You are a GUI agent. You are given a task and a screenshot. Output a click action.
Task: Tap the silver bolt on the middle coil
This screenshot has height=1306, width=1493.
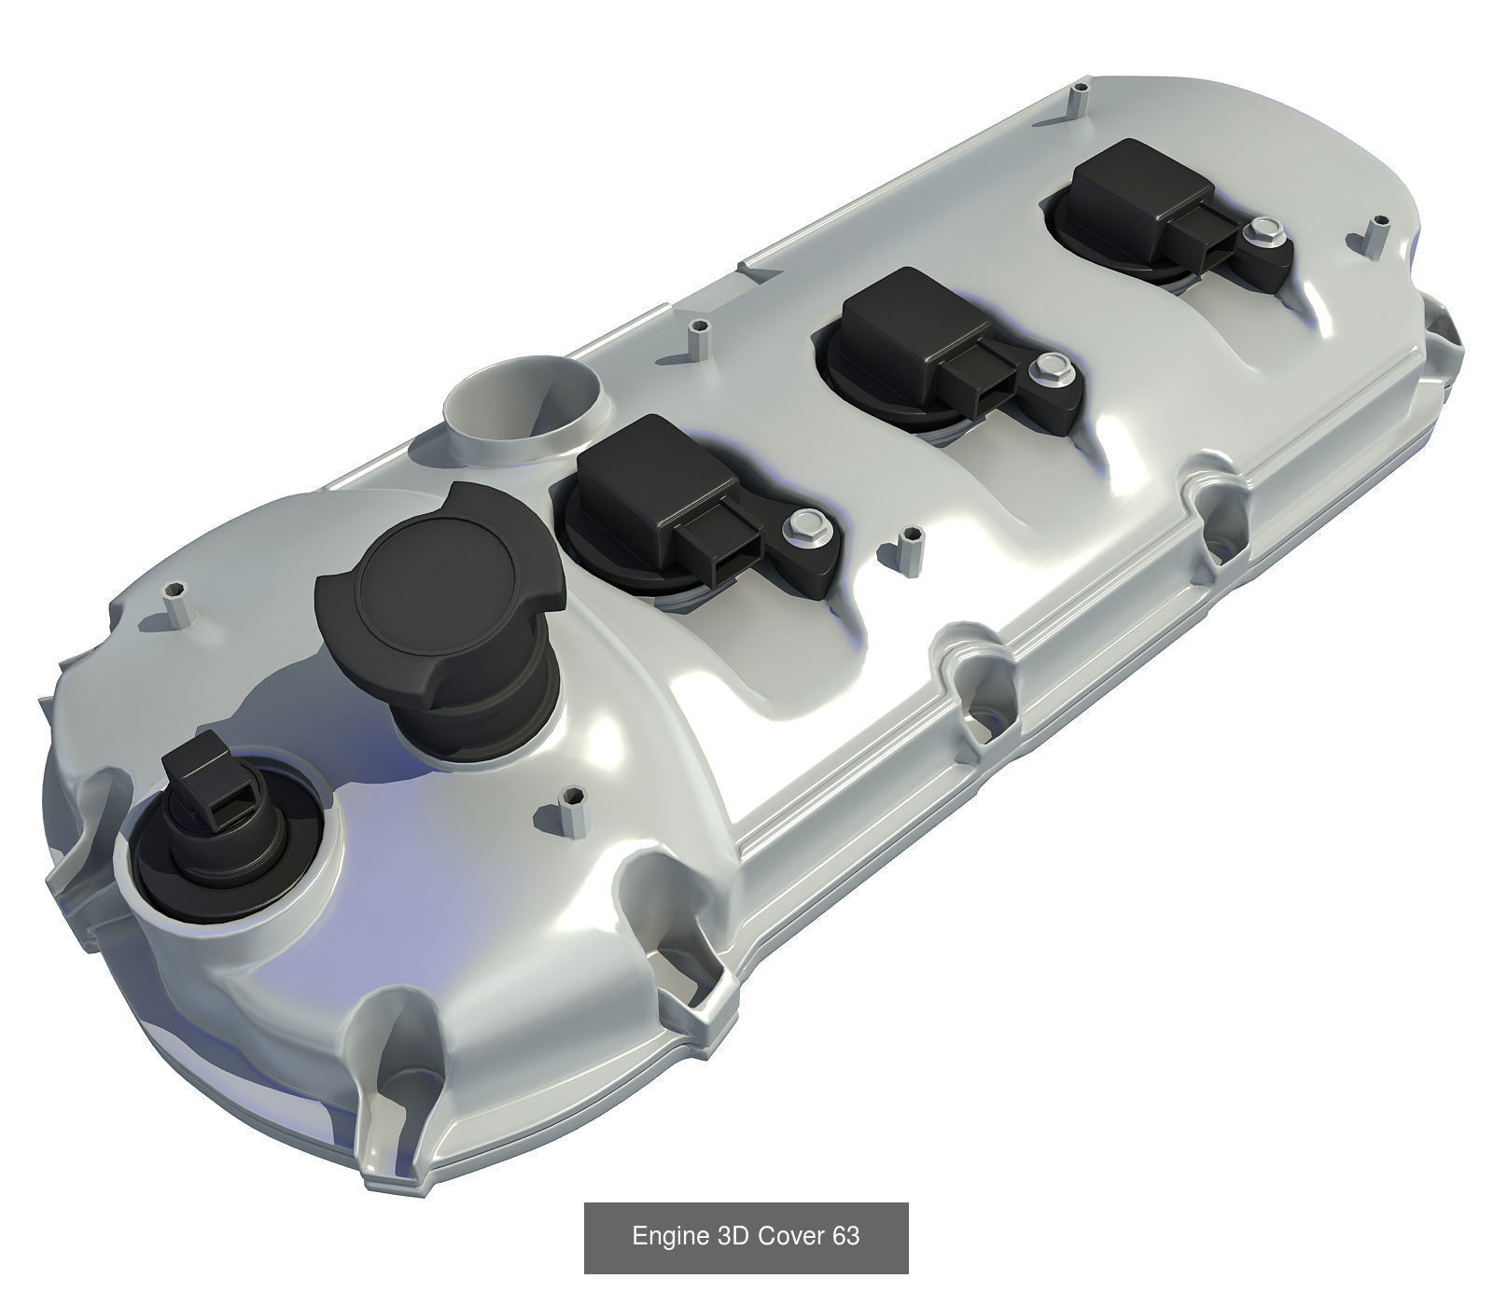pyautogui.click(x=1050, y=366)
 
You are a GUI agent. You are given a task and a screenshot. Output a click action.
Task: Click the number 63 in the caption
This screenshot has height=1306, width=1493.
pyautogui.click(x=846, y=1236)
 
